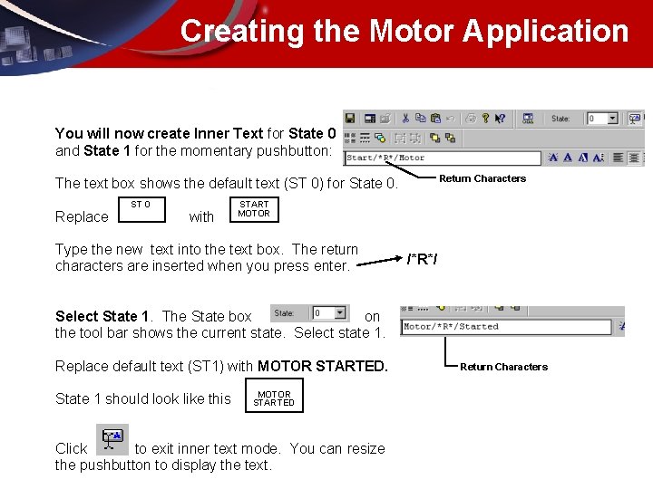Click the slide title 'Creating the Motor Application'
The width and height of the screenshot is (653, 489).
[404, 31]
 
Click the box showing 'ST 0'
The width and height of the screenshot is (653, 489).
[141, 209]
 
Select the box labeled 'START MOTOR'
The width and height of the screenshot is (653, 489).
[254, 209]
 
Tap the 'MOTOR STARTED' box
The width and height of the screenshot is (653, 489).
[274, 398]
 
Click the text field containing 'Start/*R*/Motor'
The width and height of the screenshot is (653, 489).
[442, 158]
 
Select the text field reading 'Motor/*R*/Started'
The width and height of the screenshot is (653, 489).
[505, 327]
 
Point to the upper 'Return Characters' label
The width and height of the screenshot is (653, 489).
[482, 178]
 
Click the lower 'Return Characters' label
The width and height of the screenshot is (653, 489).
[503, 367]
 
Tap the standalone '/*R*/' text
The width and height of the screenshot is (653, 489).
[422, 260]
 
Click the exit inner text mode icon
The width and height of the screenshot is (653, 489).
[112, 438]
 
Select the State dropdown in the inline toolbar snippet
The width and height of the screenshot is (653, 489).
[329, 313]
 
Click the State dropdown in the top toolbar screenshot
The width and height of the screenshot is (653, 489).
[601, 119]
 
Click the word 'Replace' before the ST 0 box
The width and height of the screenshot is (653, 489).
[82, 217]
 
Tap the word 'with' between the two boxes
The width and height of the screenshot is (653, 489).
[201, 217]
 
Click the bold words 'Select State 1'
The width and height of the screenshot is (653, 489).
[102, 316]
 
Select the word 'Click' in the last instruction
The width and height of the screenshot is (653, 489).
[72, 448]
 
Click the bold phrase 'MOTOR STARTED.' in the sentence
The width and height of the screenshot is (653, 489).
[322, 366]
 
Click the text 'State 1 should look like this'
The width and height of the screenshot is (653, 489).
[143, 398]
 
